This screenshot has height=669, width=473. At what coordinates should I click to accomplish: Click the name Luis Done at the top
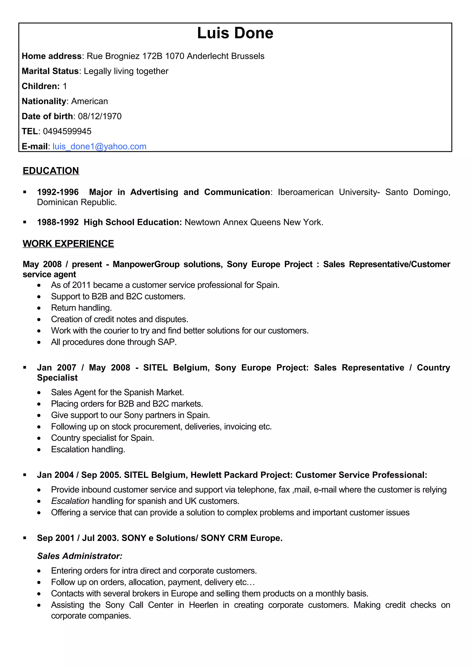tap(235, 33)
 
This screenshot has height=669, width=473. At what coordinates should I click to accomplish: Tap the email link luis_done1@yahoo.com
tap(99, 146)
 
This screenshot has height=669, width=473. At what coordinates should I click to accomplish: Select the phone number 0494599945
tap(67, 131)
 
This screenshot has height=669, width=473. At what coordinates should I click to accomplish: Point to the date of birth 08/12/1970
tap(100, 116)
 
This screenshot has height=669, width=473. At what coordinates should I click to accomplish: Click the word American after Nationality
tap(89, 101)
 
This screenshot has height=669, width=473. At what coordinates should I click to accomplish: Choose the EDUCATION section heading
tap(51, 171)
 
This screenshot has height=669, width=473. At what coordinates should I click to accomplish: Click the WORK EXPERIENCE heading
tap(68, 244)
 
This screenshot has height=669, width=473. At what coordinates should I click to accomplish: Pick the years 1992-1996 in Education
tap(58, 192)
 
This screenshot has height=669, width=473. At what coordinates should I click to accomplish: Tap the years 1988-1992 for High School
tap(58, 222)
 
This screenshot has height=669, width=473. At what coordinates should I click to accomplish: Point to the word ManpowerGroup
tap(146, 264)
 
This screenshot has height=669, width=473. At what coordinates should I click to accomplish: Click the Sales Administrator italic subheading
tap(79, 556)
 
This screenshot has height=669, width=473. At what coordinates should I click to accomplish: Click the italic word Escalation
tap(70, 501)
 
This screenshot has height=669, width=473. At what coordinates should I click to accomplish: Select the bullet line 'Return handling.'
tap(81, 308)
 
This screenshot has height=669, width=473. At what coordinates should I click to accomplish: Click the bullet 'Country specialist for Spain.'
tap(102, 438)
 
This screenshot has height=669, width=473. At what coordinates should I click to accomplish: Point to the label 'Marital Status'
tap(50, 71)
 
